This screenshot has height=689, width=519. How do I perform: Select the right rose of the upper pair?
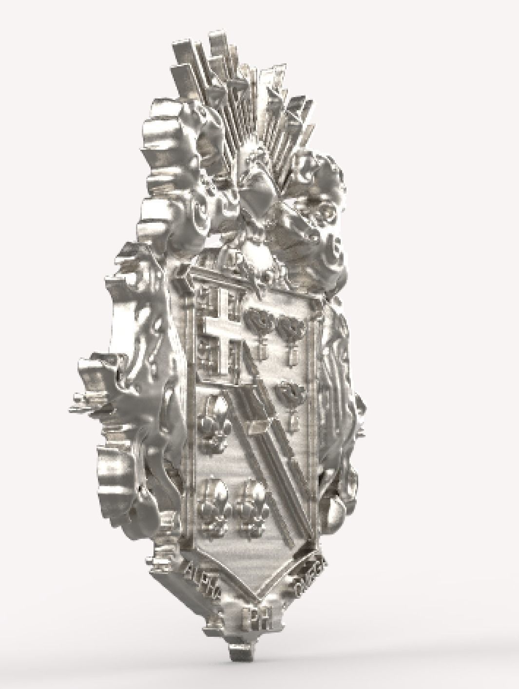pyautogui.click(x=288, y=325)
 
